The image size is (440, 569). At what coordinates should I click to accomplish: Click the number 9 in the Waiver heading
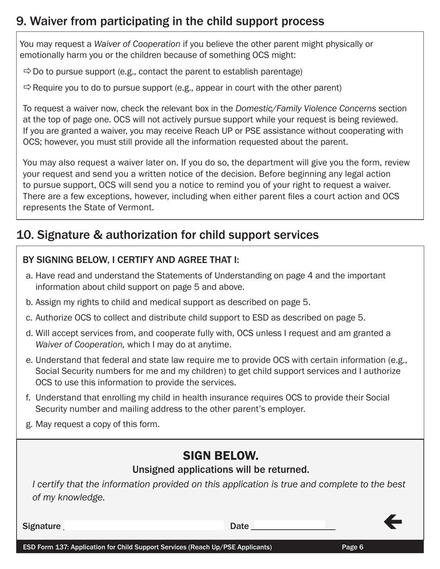[x=20, y=21]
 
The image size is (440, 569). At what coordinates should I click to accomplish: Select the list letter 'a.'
[x=29, y=276]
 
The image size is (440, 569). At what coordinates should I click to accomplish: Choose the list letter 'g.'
[x=29, y=424]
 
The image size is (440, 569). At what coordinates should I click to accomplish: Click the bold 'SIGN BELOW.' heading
[x=220, y=455]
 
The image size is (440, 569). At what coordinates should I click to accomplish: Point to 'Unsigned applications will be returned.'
[x=220, y=470]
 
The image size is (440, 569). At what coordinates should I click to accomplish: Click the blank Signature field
[x=144, y=526]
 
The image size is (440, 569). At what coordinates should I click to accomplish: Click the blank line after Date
[x=293, y=526]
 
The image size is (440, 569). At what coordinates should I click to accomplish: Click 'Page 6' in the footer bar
[x=352, y=547]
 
